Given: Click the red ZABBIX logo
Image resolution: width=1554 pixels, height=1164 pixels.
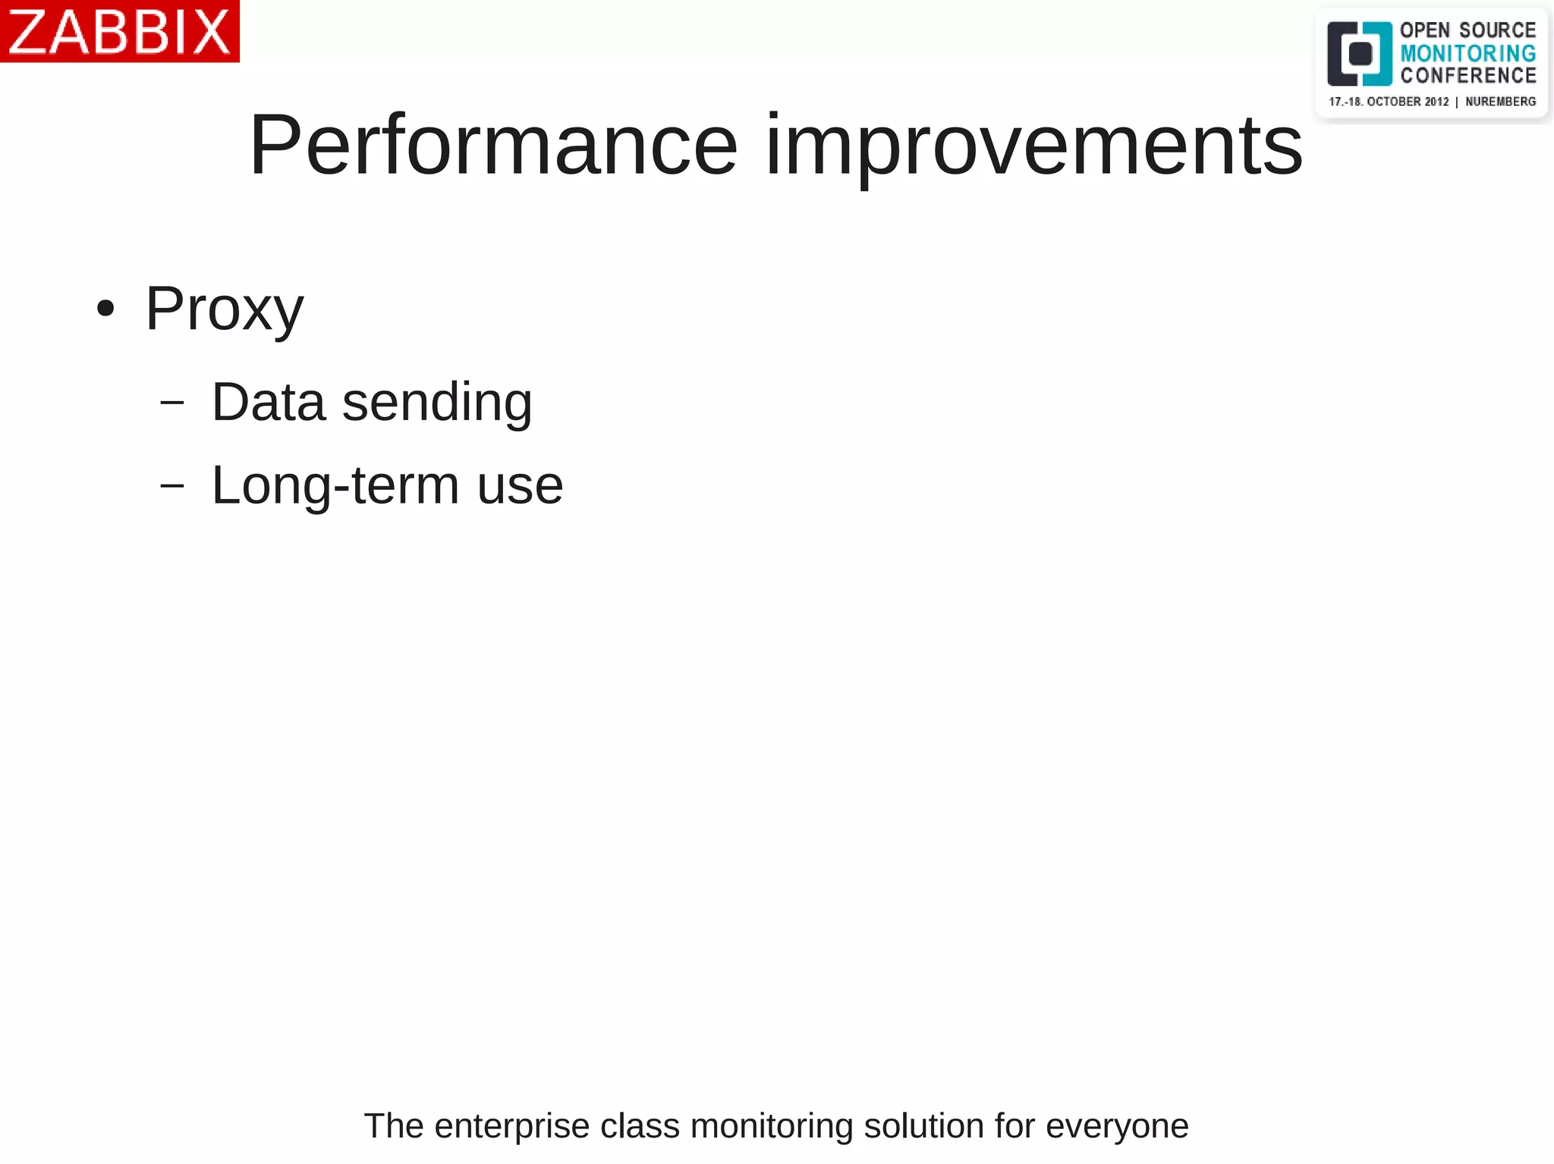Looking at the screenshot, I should point(119,31).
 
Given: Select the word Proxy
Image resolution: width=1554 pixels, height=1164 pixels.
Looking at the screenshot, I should point(225,309).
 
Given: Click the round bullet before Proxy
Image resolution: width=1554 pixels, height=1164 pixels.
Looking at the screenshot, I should point(105,309).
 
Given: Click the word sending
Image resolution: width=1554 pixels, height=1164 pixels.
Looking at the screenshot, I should point(437,403).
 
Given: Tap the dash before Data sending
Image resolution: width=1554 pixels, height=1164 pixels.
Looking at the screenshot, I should point(172,403).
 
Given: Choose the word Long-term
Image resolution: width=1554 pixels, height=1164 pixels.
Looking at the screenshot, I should point(335,485).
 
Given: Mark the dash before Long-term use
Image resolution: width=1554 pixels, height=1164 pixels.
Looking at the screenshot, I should point(172,485).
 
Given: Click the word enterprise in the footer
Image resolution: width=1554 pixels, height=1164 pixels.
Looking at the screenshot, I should point(511,1127).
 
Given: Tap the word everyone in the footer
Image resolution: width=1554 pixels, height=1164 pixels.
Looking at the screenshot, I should point(1117,1127).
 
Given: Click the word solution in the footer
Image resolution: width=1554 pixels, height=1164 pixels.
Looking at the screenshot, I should point(923,1126).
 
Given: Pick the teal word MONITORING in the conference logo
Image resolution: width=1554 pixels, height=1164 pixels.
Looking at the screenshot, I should point(1467,53).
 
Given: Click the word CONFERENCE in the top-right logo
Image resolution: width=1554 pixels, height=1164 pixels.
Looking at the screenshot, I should point(1467,76).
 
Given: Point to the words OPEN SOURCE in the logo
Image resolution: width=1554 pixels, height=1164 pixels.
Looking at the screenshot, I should point(1467,30).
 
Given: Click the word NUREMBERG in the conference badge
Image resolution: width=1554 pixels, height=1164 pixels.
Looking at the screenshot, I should point(1500,102).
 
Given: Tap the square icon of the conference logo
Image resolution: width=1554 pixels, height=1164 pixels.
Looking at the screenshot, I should point(1359,54).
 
